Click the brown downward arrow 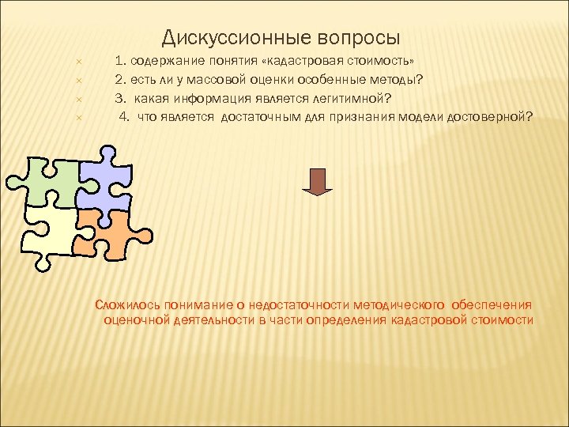coord(318,181)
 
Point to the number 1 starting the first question coord(119,61)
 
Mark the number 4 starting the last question coord(123,118)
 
